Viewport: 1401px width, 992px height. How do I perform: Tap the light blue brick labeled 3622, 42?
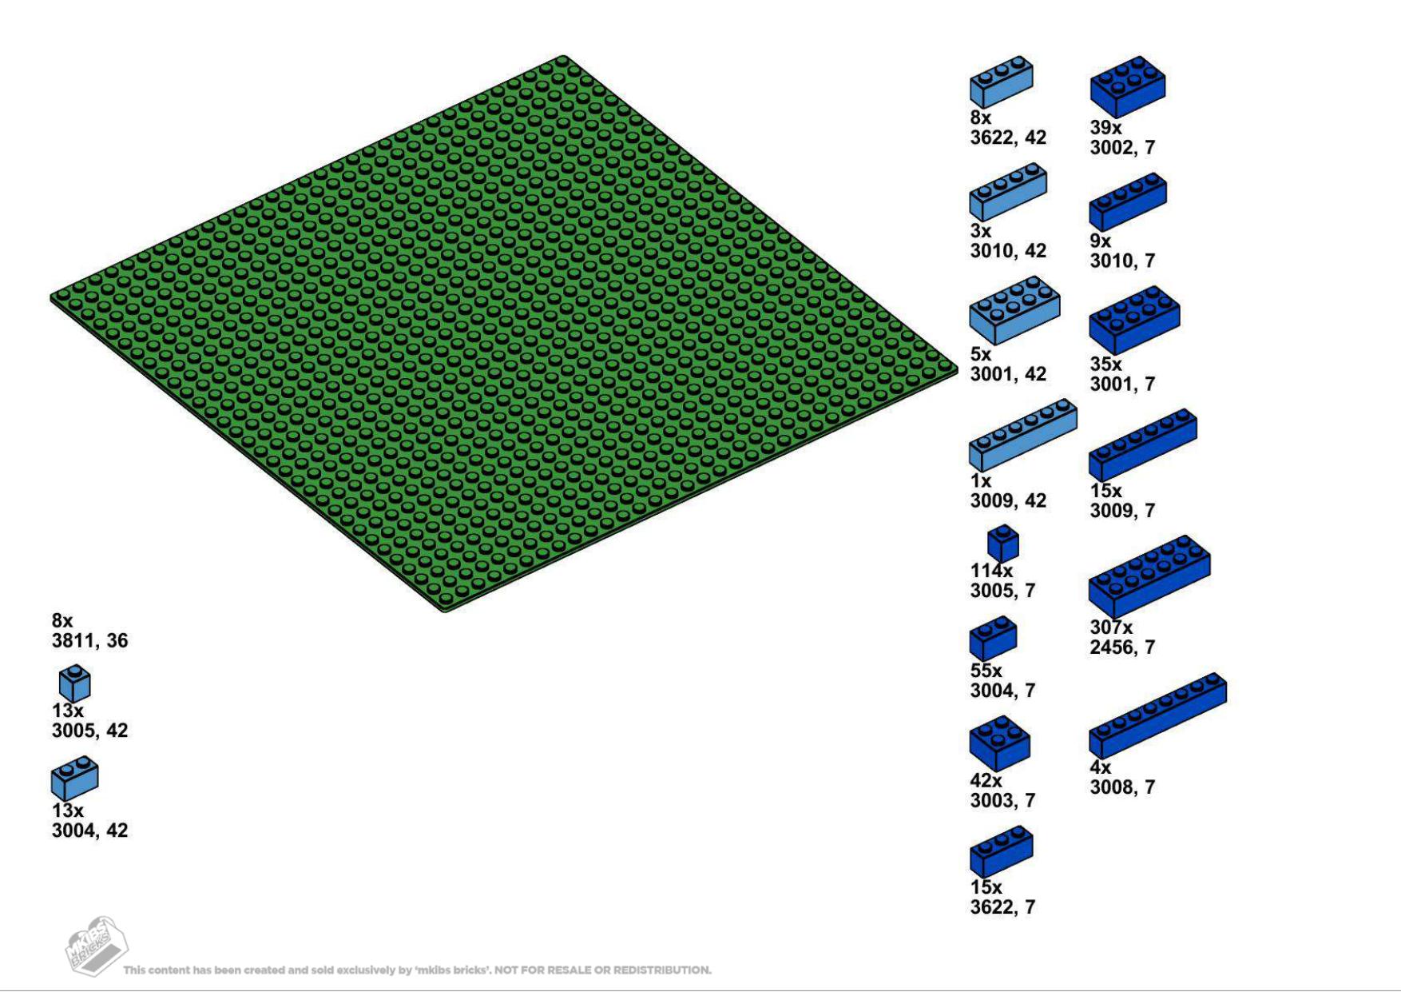(1001, 82)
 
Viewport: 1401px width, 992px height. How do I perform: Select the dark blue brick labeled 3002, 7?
(1127, 86)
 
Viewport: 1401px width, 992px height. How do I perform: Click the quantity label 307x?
(1110, 627)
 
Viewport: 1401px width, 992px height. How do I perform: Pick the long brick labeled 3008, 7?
(1157, 715)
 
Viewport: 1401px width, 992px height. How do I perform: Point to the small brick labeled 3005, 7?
(1002, 544)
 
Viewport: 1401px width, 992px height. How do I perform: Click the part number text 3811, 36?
(89, 641)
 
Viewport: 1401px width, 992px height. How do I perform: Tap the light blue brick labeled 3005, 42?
(74, 684)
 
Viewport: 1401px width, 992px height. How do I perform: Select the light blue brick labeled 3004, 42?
(74, 778)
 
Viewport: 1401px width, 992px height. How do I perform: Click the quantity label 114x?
(991, 571)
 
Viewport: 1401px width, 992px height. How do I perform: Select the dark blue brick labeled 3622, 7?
(1001, 851)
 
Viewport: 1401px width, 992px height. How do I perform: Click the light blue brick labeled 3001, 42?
(1014, 310)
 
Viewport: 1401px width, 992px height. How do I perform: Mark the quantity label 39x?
(1105, 128)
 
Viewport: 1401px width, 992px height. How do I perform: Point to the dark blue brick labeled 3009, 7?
(1142, 444)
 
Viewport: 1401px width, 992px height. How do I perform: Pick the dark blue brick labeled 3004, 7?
(993, 639)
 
